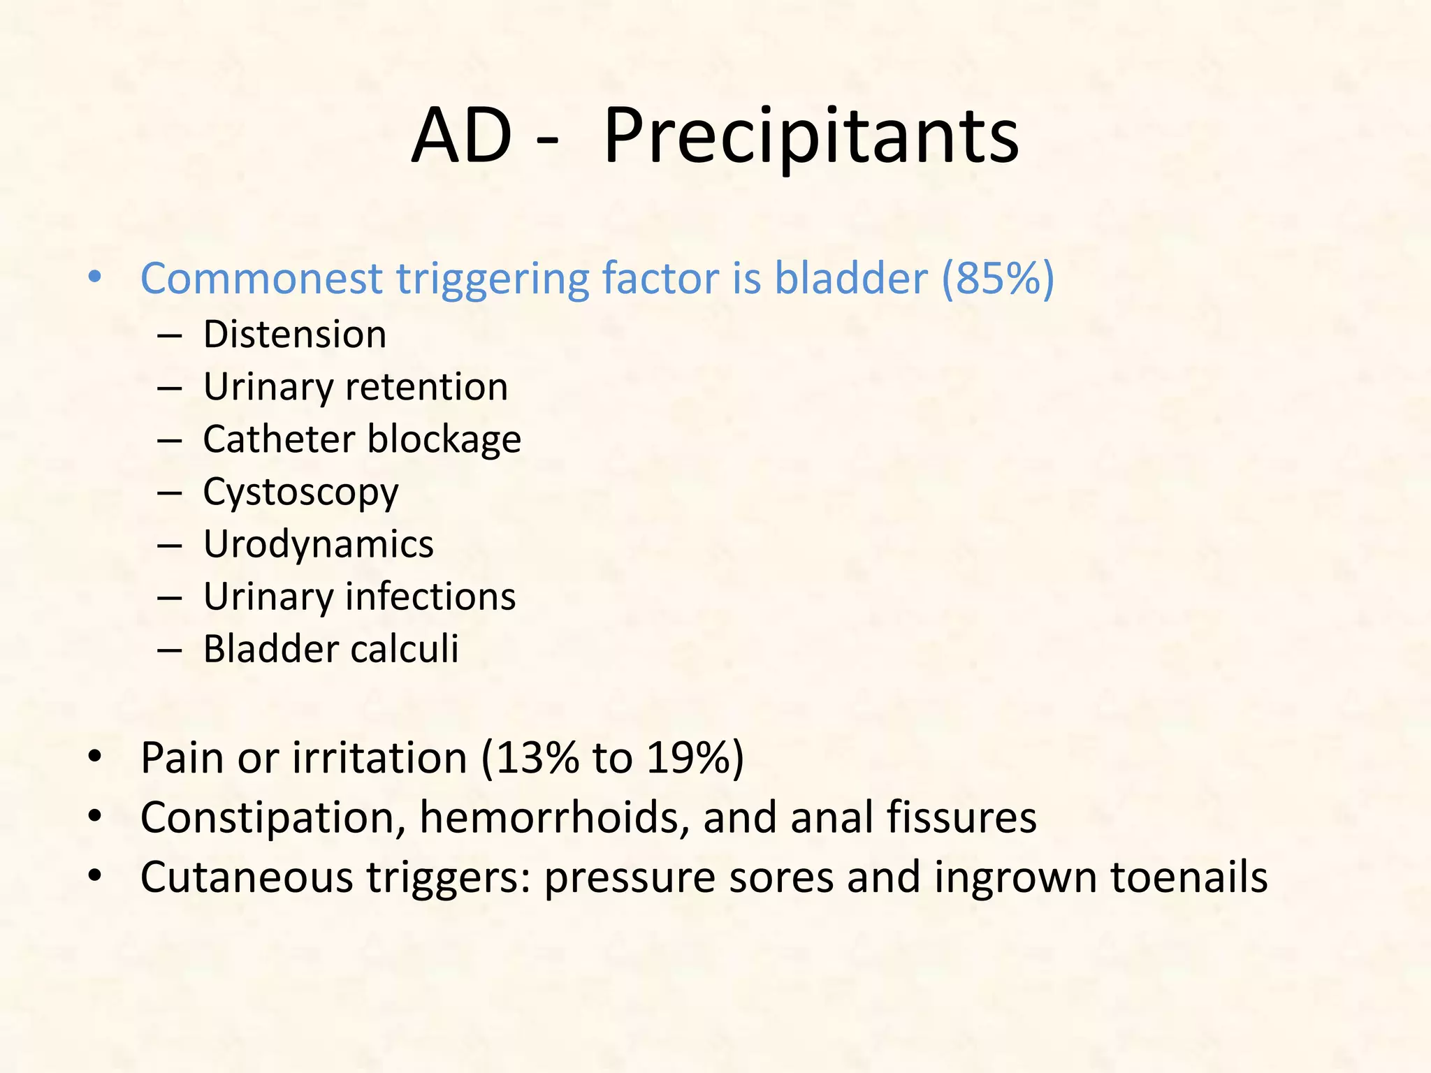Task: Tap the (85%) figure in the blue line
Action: (998, 279)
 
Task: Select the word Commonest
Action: (262, 279)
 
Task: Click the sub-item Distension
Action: (294, 335)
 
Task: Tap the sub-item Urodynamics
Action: (318, 545)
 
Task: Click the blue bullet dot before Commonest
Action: (95, 278)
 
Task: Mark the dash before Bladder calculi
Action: (170, 650)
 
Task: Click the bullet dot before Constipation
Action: (95, 816)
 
